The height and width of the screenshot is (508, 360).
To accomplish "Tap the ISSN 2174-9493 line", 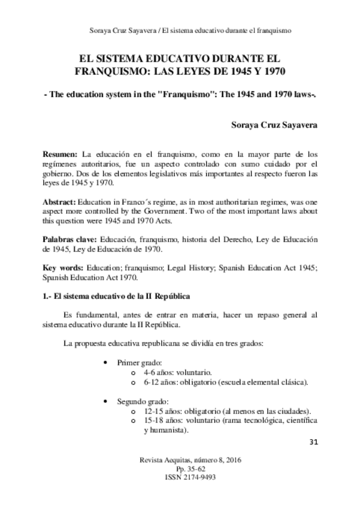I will (x=180, y=478).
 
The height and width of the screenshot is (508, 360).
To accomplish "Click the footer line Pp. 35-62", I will (x=180, y=469).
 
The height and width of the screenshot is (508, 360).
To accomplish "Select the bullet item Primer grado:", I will (x=138, y=363).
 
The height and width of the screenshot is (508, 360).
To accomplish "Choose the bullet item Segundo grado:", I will (x=141, y=401).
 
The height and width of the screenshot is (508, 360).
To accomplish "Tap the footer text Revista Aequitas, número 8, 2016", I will (x=180, y=460).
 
